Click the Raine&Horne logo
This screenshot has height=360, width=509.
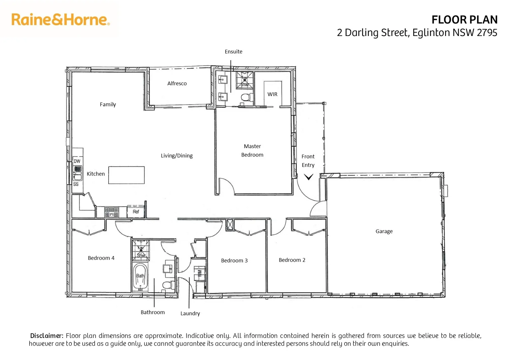point(60,20)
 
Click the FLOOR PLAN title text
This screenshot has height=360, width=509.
point(464,20)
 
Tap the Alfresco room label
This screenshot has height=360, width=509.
point(177,83)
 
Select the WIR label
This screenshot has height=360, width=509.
point(272,94)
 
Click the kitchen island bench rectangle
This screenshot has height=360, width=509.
point(127,175)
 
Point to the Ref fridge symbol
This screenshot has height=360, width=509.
point(136,212)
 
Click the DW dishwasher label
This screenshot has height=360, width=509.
point(77,161)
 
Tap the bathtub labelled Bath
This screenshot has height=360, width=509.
point(140,277)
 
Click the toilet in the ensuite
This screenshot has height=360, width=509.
point(246,98)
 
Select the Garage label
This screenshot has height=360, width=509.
point(384,231)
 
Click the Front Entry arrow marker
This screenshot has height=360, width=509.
point(308,177)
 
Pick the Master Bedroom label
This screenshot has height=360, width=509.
point(252,150)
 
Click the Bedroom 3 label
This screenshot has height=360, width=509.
point(234,261)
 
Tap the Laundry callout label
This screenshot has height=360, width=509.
point(190,313)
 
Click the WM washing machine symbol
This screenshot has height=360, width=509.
point(200,273)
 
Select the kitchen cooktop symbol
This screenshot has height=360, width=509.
point(112,212)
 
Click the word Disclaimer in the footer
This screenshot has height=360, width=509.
point(47,336)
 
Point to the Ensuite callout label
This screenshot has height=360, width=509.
point(233,52)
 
